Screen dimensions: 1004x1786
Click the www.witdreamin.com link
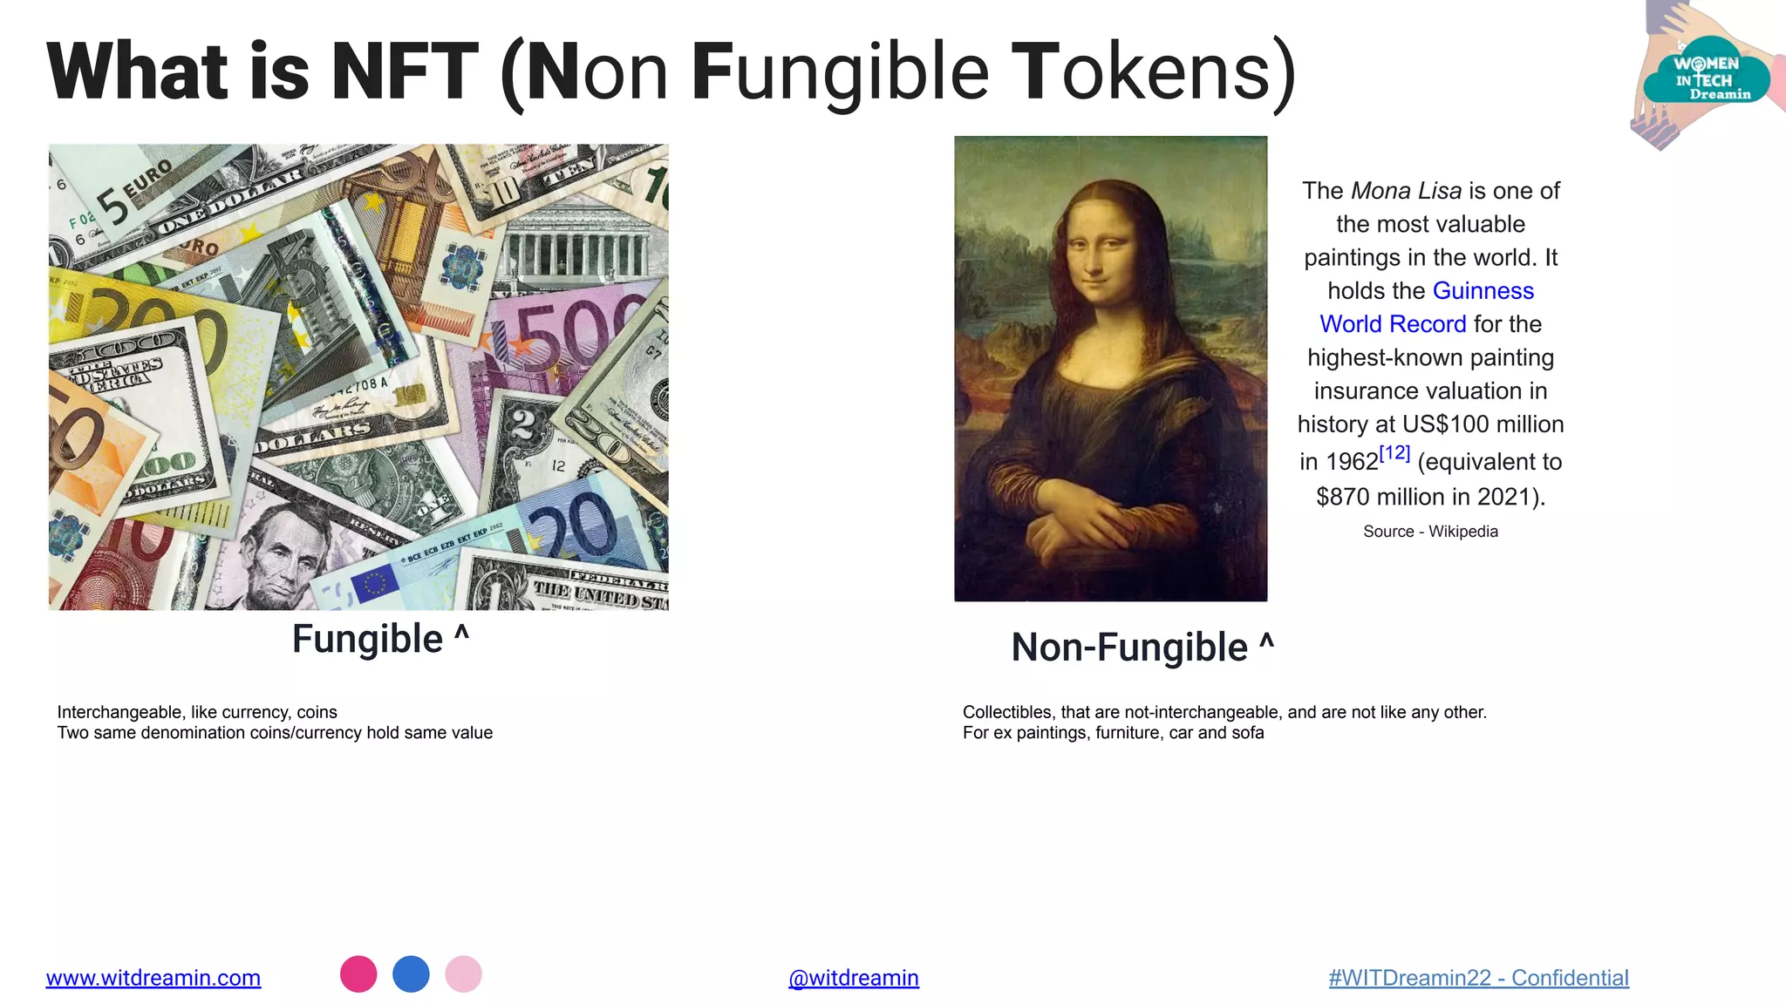(153, 978)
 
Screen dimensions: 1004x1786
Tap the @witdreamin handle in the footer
(853, 978)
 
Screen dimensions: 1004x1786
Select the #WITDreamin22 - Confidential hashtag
(1478, 978)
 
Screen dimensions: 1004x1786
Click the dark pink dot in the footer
(358, 973)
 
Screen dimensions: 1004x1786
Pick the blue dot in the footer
(411, 973)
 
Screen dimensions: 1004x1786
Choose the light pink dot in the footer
(463, 973)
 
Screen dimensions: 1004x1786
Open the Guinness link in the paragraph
(1483, 291)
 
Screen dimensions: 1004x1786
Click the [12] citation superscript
(1394, 453)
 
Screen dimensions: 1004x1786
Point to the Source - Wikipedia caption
(1430, 532)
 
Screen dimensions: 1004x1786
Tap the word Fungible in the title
(839, 71)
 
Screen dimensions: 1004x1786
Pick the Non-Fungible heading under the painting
(1129, 648)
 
